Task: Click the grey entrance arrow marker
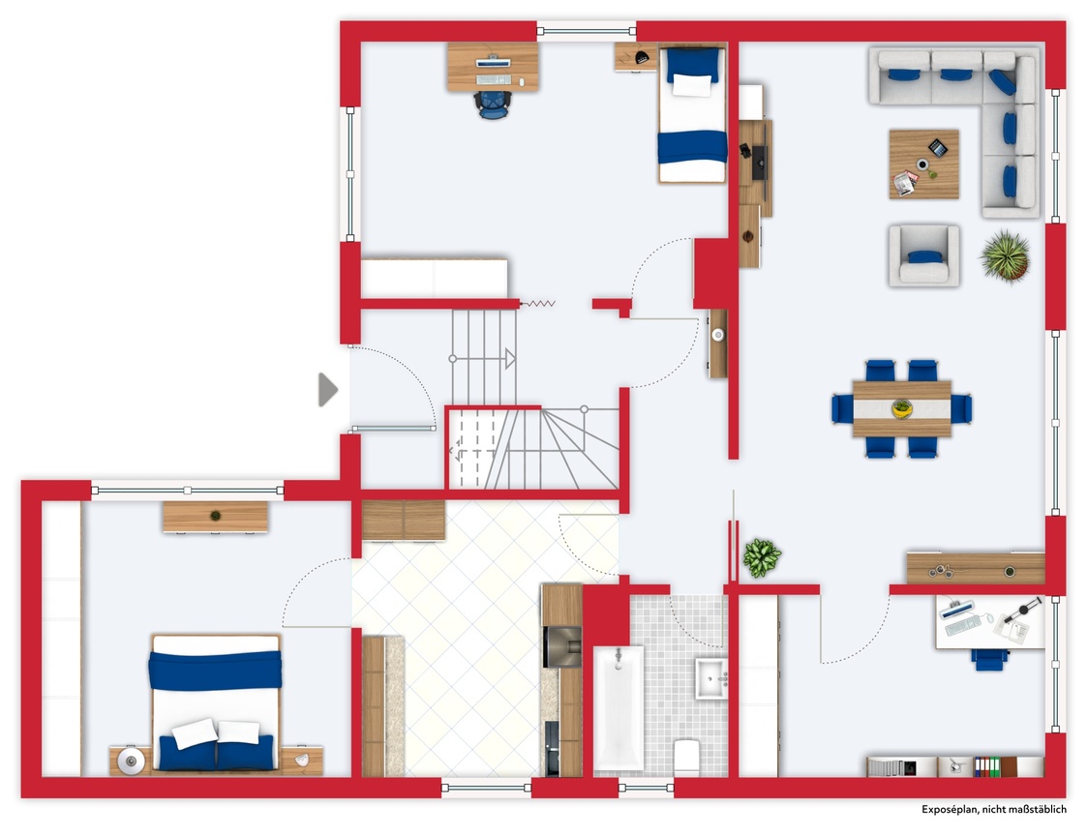327,390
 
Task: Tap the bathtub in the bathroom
619,707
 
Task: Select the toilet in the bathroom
687,757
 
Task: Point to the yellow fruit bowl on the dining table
902,408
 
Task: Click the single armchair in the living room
924,255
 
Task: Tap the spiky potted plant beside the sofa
1005,256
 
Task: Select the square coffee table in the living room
924,164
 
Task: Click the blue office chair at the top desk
493,104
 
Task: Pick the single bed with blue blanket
692,113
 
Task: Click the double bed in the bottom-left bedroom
216,702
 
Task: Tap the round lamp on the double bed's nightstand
131,761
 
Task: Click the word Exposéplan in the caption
949,810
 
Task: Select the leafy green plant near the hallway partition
762,557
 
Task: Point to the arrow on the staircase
482,359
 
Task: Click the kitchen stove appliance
562,646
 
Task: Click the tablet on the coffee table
938,148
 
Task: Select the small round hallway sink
718,336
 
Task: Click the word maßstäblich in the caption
1035,810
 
